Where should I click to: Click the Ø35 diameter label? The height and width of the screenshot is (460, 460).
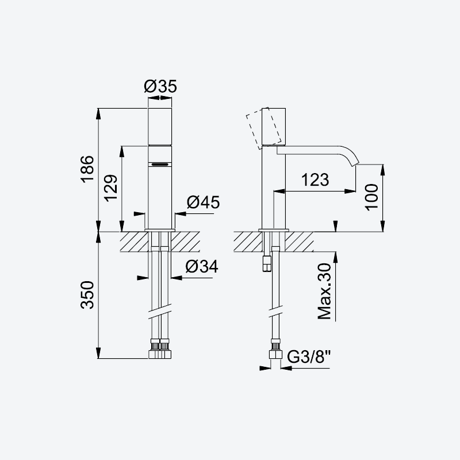(x=160, y=86)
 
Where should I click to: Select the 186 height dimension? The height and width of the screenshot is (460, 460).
(x=87, y=169)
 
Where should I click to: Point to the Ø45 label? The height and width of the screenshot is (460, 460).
(x=203, y=202)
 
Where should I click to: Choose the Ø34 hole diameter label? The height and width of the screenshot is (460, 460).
(x=202, y=266)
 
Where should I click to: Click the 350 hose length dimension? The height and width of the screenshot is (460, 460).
(x=87, y=295)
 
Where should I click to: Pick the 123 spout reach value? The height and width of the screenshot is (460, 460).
(x=315, y=179)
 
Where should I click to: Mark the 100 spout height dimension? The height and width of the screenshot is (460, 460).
(x=371, y=197)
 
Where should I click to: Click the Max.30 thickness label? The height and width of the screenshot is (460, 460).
(x=324, y=292)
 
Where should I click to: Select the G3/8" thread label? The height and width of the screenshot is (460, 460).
(x=309, y=356)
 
